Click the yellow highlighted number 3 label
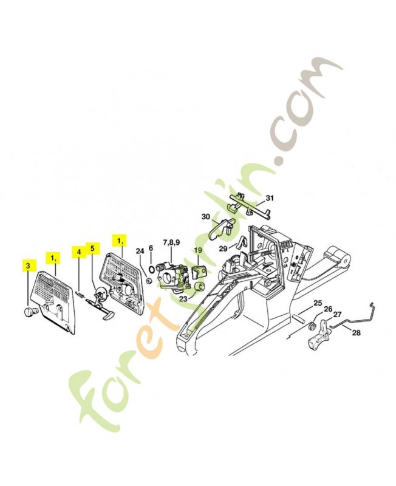28,265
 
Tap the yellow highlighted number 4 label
78,251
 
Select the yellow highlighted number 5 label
92,248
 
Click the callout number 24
139,250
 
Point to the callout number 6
151,250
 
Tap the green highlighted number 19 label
197,250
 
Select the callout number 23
183,298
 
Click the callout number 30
205,217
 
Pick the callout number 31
270,198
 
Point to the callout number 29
223,248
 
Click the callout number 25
317,303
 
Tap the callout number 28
356,332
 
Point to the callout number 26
328,309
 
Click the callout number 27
337,314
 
